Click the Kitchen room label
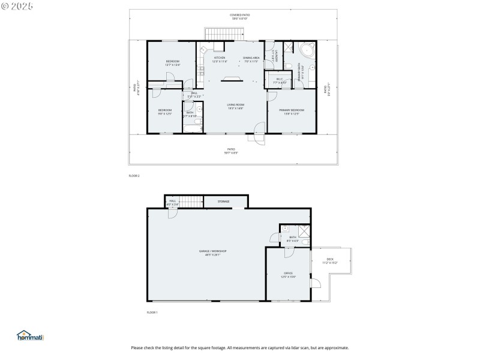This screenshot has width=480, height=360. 220,59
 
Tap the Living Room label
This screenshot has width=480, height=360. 235,106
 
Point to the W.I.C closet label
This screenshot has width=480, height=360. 280,80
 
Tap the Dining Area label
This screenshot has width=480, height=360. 251,59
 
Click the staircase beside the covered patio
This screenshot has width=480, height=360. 214,34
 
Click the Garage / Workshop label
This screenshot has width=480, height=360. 213,253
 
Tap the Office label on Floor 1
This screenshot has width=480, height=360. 288,275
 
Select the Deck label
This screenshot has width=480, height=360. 330,261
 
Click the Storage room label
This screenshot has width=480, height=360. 223,202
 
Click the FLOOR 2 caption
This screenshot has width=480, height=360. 134,176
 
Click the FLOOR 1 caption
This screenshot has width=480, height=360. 152,313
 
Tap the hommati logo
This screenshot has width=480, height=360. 31,337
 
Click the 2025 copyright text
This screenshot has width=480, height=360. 17,5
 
